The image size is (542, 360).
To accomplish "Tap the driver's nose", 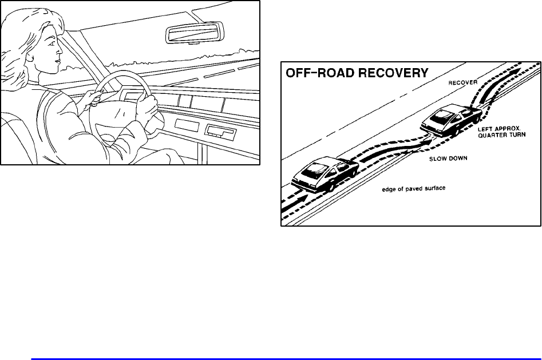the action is [60, 51].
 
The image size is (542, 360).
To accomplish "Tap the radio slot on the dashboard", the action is [220, 131].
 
